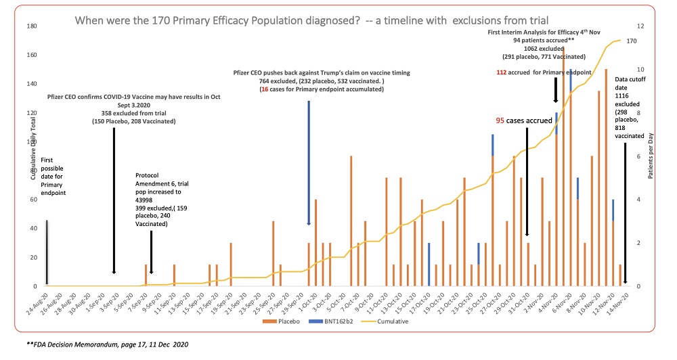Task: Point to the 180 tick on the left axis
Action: click(31, 26)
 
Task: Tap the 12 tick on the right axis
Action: click(641, 26)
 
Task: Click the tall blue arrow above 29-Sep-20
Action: click(309, 162)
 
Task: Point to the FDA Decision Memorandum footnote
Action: click(108, 344)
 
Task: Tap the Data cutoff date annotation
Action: click(629, 108)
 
